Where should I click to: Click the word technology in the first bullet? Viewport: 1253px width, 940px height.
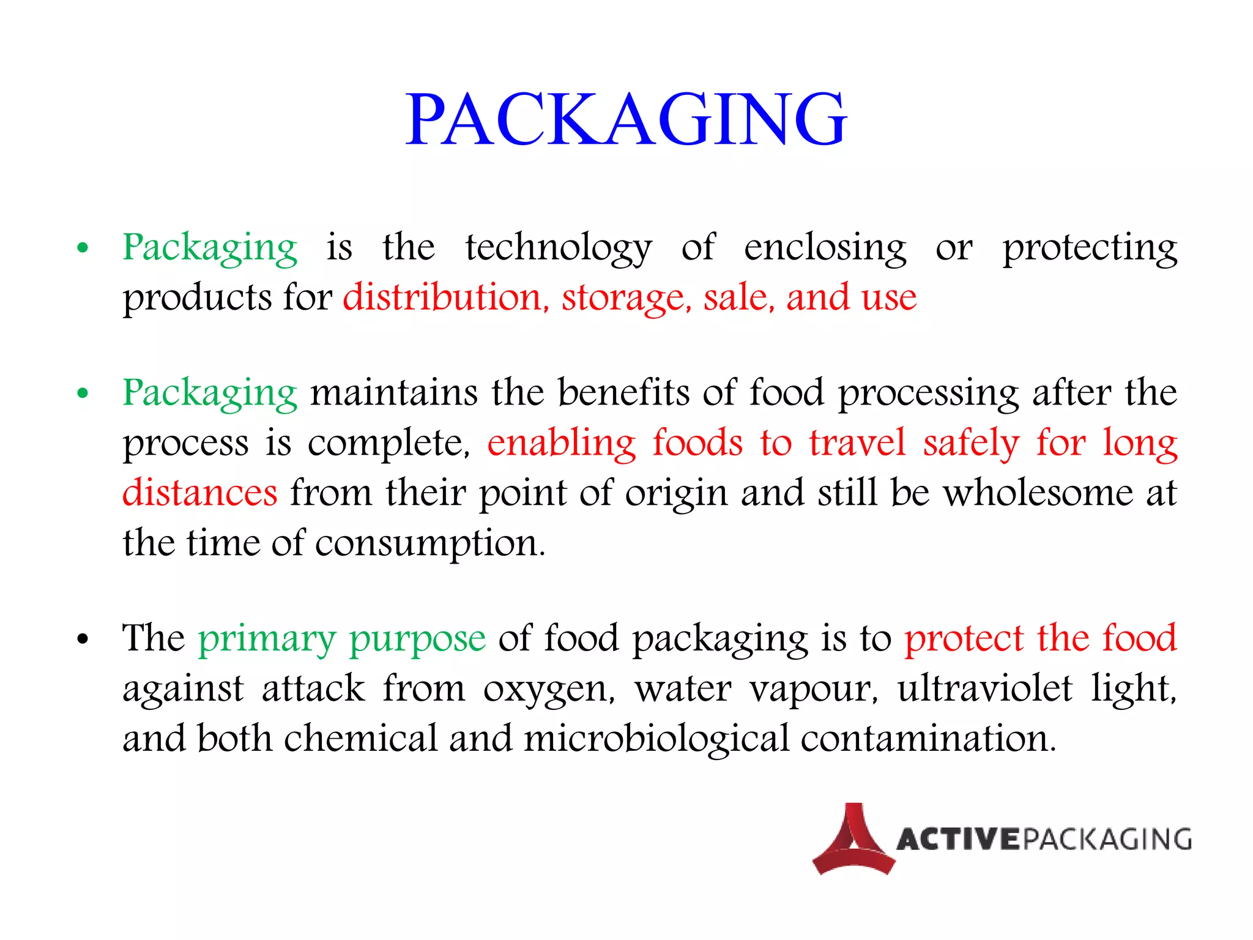coord(559,248)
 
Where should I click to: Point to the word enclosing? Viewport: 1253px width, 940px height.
coord(825,248)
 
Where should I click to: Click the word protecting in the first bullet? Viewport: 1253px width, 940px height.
coord(1089,248)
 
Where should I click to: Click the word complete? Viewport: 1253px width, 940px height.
coord(388,442)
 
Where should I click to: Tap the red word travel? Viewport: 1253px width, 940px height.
coord(857,442)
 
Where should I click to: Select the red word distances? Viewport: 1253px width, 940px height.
coord(199,493)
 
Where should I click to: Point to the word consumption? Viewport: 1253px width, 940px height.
coord(429,543)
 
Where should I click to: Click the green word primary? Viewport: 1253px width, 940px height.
coord(267,639)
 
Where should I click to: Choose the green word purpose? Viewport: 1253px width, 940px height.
coord(417,639)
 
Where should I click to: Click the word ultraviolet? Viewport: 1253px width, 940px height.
coord(985,689)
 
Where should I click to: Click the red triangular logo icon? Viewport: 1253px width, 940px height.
coord(853,840)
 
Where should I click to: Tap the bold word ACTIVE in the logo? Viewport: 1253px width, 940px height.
coord(958,840)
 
